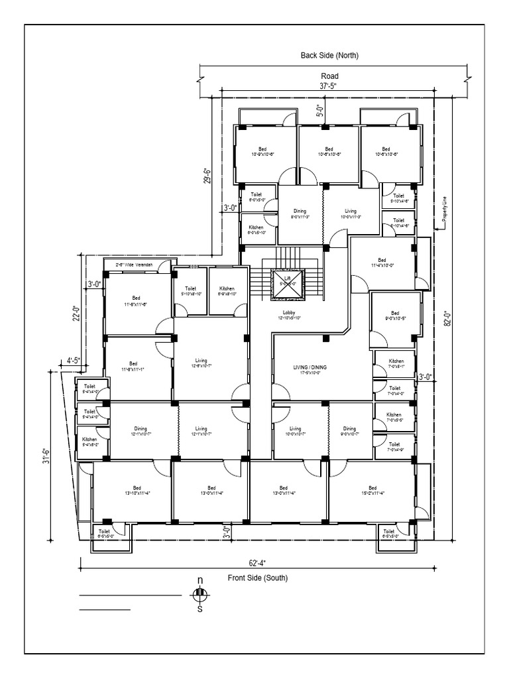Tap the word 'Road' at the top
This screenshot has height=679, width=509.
coord(330,76)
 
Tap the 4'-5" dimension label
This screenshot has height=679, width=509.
coord(73,361)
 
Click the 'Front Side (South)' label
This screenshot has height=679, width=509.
coord(258,578)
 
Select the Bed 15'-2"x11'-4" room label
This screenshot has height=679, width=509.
coord(372,491)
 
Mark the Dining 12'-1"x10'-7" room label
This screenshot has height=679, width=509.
coord(140,431)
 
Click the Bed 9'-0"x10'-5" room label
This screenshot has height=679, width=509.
coord(395,316)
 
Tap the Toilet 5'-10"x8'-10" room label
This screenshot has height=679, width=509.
coord(191,292)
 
